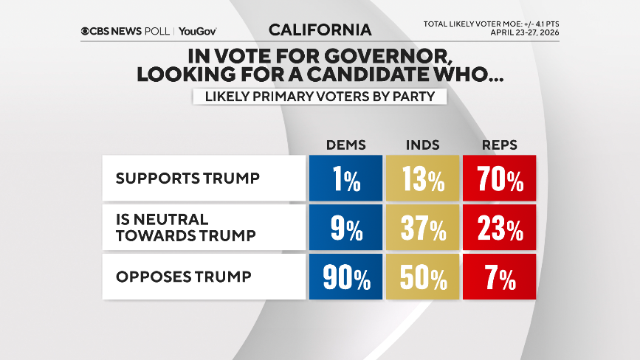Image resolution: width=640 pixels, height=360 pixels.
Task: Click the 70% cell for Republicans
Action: click(x=500, y=179)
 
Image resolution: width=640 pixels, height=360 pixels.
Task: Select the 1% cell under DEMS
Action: click(x=345, y=179)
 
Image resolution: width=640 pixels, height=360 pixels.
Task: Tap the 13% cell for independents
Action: click(x=423, y=179)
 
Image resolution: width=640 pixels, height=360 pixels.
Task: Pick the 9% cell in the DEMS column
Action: click(x=345, y=229)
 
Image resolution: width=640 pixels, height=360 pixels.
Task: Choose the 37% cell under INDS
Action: click(x=423, y=229)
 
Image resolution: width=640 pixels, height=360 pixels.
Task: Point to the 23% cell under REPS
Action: click(x=500, y=229)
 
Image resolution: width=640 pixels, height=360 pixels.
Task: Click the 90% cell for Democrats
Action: click(x=345, y=278)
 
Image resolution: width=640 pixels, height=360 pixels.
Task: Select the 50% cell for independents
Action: click(x=423, y=278)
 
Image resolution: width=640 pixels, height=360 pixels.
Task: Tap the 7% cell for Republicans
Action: click(x=500, y=278)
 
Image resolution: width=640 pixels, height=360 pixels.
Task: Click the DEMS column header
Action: click(x=345, y=145)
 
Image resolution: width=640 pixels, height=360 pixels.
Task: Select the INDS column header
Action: click(x=423, y=145)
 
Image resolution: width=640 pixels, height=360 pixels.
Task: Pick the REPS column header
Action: click(x=500, y=145)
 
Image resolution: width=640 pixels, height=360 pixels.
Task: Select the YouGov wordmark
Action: click(x=198, y=31)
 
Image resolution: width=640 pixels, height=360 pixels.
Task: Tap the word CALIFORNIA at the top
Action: click(x=320, y=30)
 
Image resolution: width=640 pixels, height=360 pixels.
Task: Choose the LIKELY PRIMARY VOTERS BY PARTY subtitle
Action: click(x=320, y=97)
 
